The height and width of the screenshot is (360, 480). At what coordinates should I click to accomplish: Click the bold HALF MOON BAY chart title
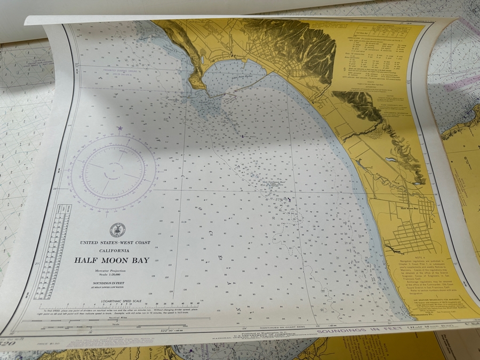(x=112, y=260)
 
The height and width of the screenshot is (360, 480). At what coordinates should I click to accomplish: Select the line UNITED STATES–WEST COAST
(x=115, y=243)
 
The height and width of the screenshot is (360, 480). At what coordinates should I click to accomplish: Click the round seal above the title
(x=117, y=229)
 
